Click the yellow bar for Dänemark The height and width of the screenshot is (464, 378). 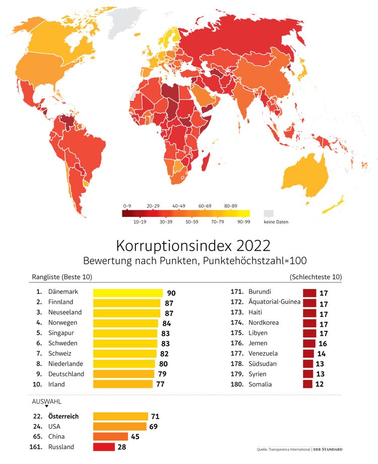tap(128, 292)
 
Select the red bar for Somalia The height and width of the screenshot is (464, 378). tap(308, 384)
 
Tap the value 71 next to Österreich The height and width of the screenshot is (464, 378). tap(155, 417)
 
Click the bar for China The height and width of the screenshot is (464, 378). tap(110, 437)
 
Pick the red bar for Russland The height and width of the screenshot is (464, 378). tap(104, 447)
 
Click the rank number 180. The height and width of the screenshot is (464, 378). tap(237, 384)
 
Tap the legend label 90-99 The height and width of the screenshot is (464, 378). tap(244, 221)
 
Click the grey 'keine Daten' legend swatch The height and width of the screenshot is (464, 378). tap(269, 213)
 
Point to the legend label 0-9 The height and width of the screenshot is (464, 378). tap(128, 206)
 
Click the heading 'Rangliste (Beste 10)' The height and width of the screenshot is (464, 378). tap(62, 277)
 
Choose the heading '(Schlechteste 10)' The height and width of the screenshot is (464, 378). tap(316, 277)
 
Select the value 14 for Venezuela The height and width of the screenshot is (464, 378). tap(322, 354)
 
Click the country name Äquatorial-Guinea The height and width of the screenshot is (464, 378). tap(274, 302)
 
